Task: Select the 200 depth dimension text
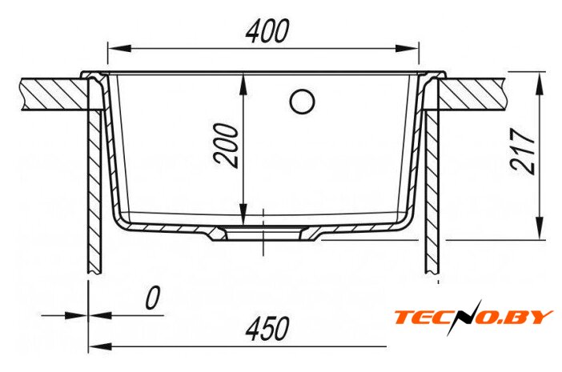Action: pos(227,146)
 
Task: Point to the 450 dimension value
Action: pos(267,329)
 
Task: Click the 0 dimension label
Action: pos(152,298)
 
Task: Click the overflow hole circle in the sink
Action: pos(302,102)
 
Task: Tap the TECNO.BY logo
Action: pos(473,318)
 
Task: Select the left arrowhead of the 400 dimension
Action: pos(119,49)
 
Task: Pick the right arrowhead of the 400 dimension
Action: pos(407,49)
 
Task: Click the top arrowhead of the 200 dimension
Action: pos(243,85)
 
